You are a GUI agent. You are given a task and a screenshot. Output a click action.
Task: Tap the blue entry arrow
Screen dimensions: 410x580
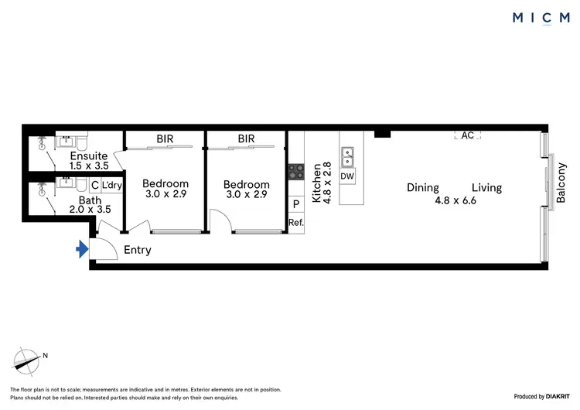80,249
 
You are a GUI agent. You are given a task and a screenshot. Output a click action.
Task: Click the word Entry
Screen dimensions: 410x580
137,250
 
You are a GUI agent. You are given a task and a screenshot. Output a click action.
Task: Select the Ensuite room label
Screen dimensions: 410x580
89,155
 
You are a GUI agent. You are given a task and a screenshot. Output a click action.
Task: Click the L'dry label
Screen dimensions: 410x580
112,186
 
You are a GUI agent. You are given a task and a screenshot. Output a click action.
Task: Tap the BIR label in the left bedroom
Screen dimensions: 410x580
165,139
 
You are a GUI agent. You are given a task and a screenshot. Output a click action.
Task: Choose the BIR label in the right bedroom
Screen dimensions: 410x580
246,139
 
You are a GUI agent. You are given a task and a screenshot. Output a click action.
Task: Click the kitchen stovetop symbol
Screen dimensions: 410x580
296,172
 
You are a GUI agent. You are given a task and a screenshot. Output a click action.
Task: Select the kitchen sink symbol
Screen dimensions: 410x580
347,157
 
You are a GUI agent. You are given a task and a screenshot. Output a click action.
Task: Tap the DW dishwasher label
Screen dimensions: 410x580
347,176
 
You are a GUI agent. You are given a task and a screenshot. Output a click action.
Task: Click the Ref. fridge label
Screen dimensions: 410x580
295,222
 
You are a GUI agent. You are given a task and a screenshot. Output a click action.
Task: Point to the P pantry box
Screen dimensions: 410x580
295,204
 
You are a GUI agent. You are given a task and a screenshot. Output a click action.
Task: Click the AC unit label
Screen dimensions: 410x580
467,135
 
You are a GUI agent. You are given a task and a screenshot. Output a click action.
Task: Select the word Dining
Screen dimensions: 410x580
423,187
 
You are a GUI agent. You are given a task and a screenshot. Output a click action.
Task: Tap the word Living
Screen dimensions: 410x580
486,187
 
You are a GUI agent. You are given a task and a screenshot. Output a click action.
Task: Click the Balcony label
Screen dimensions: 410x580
562,183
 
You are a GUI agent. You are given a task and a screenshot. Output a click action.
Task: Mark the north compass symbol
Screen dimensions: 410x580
28,360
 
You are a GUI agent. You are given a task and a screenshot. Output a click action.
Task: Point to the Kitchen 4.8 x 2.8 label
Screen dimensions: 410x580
321,183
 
